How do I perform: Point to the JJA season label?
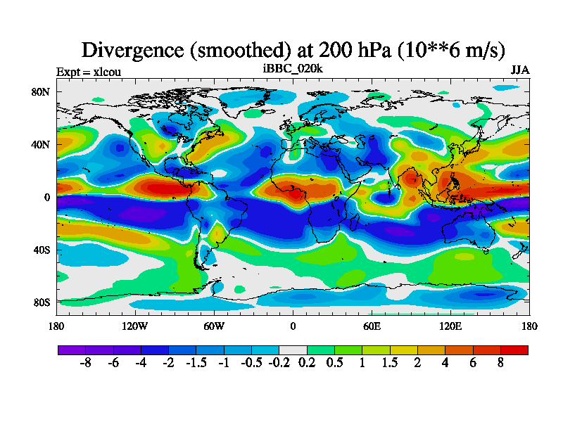(x=520, y=71)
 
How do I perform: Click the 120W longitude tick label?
(x=135, y=326)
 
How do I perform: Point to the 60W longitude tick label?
(x=214, y=326)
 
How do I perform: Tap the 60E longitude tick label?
(x=372, y=326)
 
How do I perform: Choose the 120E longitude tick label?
(x=450, y=326)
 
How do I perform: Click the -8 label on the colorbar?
(x=85, y=362)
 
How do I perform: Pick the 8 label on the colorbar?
(x=500, y=362)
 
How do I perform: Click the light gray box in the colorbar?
(x=293, y=350)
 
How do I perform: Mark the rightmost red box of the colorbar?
(x=514, y=350)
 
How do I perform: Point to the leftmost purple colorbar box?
(x=71, y=350)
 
